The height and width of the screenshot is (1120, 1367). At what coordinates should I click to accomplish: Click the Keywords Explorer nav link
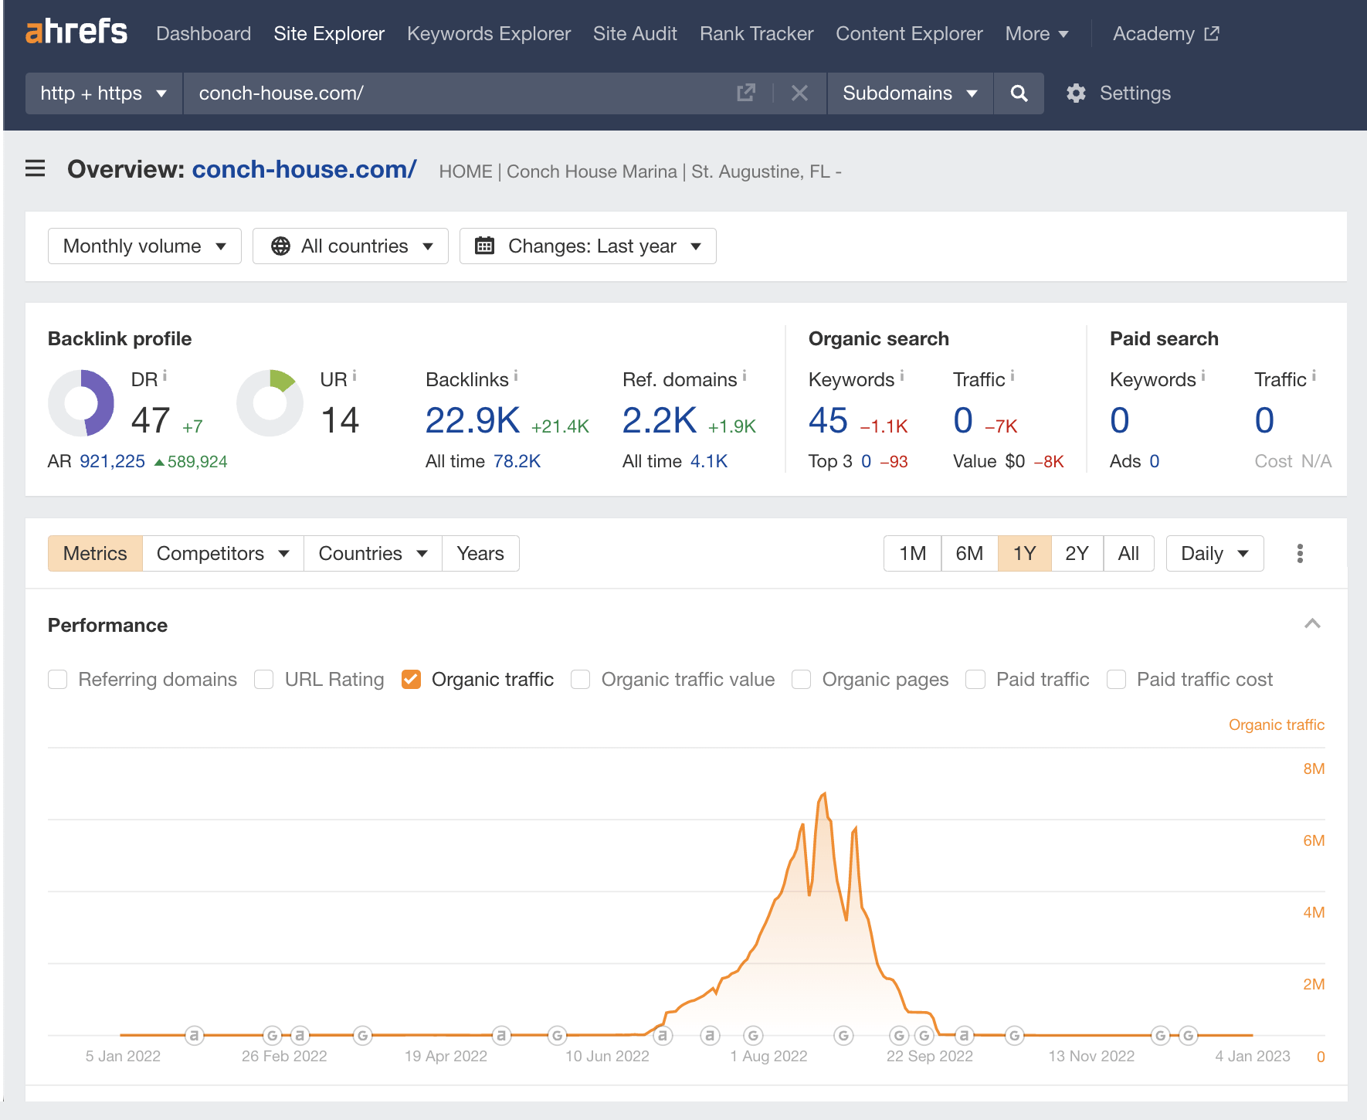tap(488, 34)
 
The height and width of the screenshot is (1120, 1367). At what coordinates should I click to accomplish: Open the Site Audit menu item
tap(635, 34)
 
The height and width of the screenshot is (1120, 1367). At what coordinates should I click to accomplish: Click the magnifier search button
tap(1019, 93)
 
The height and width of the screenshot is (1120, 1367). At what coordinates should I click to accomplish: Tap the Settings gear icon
tap(1076, 93)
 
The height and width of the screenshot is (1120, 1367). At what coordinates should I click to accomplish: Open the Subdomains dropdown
tap(909, 93)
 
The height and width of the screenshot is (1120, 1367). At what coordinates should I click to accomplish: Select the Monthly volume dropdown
tap(144, 246)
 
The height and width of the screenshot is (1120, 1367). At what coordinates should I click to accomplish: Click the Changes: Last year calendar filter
tap(588, 246)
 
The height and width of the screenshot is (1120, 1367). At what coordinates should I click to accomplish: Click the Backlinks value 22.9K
tap(473, 421)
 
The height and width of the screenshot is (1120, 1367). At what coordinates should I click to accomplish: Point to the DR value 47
tap(151, 421)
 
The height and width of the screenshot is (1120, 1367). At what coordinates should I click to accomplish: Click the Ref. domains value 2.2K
tap(660, 421)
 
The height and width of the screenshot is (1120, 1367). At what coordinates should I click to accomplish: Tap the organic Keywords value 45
tap(828, 421)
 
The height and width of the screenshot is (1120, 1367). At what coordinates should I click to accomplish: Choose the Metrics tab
tap(95, 554)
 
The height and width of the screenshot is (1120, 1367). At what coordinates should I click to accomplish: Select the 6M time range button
tap(969, 554)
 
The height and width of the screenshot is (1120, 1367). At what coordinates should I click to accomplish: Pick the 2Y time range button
tap(1077, 554)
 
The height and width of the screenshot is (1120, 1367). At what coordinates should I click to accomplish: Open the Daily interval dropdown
tap(1214, 554)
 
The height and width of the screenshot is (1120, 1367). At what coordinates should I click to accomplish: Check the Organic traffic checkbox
tap(412, 680)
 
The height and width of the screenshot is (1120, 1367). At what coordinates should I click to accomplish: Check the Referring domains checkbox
tap(58, 680)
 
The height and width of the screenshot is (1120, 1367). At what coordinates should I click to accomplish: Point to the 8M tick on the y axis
tap(1313, 769)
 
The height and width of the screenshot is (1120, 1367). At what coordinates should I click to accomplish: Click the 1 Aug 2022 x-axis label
tap(768, 1056)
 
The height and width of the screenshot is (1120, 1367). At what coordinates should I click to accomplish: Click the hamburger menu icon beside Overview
tap(36, 168)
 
